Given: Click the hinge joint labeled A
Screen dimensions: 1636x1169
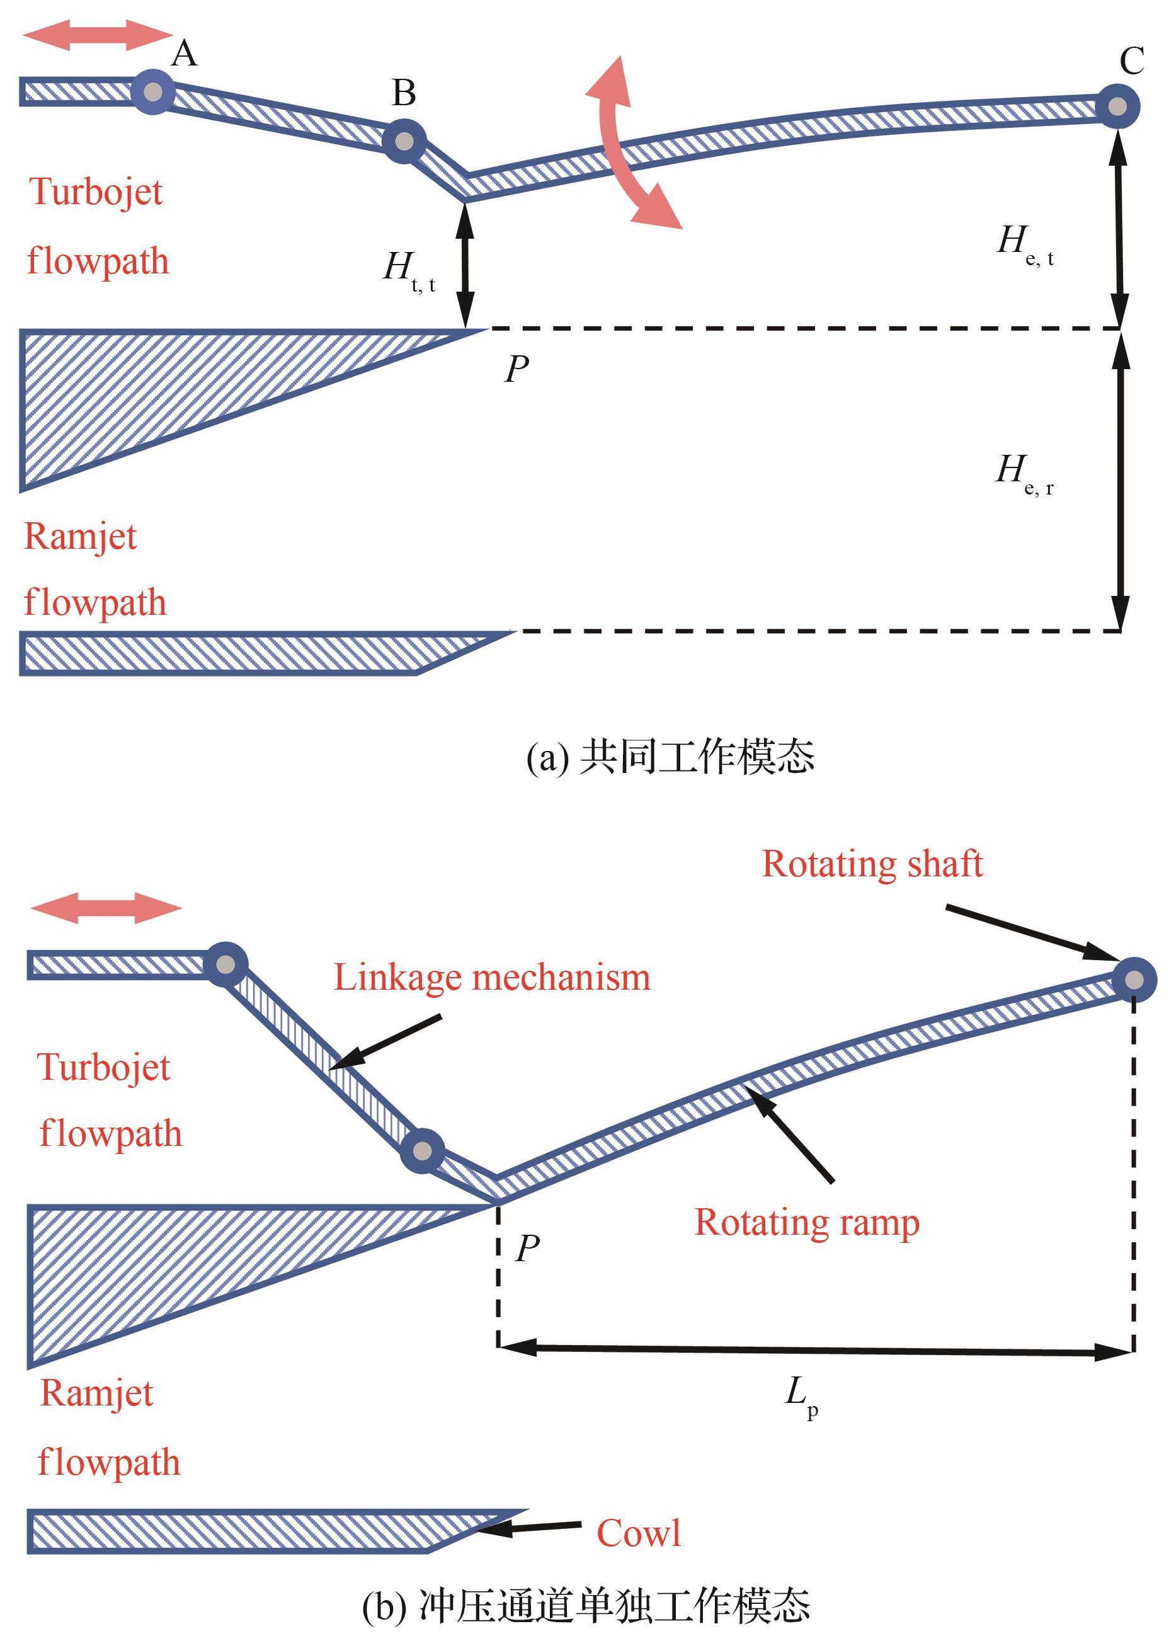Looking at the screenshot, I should [x=152, y=92].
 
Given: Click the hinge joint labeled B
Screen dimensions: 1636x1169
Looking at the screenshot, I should [x=404, y=141].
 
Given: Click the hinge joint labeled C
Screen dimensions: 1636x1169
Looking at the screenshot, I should [x=1117, y=106].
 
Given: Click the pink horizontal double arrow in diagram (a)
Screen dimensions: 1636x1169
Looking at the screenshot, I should [x=97, y=35].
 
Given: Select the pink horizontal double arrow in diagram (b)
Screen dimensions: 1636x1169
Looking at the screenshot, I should [x=106, y=908].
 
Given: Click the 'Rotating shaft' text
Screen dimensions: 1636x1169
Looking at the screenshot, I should [x=872, y=864].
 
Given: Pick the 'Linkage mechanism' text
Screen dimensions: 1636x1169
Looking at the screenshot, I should [x=492, y=978].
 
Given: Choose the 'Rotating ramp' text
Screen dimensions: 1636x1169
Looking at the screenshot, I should [x=807, y=1222].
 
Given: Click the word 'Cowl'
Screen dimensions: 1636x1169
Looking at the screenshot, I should [x=639, y=1533].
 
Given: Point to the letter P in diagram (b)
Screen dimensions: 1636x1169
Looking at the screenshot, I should [x=527, y=1247].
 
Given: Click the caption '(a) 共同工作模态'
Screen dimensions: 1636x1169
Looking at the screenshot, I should [x=670, y=757].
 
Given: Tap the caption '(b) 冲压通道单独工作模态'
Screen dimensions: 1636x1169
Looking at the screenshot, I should [x=586, y=1606].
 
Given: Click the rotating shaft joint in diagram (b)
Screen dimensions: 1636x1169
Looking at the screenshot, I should [x=1134, y=980].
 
